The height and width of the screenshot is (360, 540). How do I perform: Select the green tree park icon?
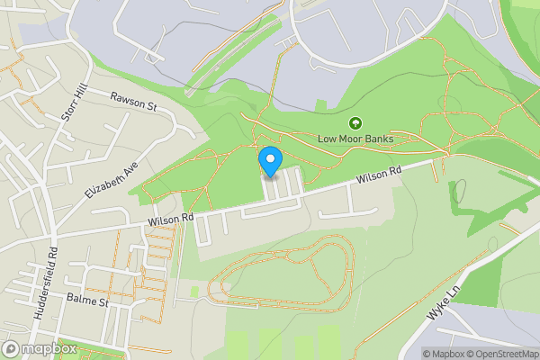[x=355, y=122]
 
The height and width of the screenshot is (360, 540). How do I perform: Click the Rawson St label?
[x=134, y=101]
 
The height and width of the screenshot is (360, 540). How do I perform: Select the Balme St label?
[x=87, y=301]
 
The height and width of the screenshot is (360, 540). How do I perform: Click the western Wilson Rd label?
[x=172, y=217]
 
